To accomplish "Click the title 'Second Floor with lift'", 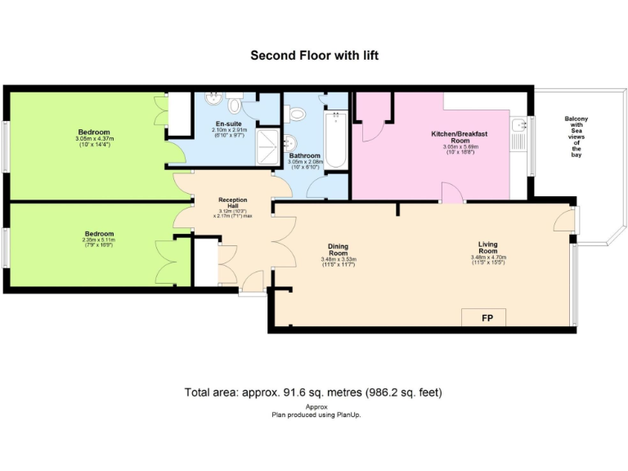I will point(314,56).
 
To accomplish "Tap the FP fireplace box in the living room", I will point(484,317).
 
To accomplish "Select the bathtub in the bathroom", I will point(335,141).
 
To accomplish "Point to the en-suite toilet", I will point(235,104).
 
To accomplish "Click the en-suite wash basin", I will point(213,100).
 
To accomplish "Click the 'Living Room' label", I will point(493,244).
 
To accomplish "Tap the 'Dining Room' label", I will point(339,249).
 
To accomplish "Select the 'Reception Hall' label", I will point(232,203).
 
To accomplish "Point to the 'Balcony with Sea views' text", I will point(576,136).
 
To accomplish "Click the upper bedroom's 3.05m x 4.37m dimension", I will point(93,139).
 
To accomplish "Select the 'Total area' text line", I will point(314,392).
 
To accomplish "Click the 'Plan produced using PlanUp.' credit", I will point(316,415).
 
